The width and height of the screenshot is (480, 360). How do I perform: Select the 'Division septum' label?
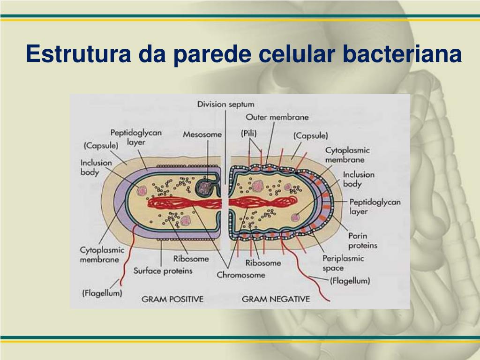tap(226, 104)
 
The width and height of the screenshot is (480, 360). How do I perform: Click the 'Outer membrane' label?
tap(277, 117)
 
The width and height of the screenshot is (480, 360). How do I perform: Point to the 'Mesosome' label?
tap(202, 134)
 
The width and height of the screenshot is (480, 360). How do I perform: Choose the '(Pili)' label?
tap(249, 134)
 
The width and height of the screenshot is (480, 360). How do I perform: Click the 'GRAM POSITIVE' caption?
tap(173, 299)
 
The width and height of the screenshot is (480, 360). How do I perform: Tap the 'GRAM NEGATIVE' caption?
tap(276, 299)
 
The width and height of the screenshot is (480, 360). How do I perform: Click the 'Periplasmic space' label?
tap(343, 263)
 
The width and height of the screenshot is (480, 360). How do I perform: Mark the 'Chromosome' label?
tap(241, 275)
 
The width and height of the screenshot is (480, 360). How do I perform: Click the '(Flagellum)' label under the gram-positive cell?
tap(102, 293)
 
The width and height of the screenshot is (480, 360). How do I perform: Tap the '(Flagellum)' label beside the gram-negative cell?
tap(350, 281)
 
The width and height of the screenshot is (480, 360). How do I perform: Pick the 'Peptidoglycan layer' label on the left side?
tap(136, 137)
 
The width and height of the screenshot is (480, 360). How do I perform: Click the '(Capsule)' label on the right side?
tap(310, 135)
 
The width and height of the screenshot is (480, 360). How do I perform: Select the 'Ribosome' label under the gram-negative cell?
tap(263, 262)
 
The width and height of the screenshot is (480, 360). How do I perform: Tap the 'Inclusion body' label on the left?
tap(97, 167)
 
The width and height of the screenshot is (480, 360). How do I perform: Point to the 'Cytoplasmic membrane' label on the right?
tap(347, 155)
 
